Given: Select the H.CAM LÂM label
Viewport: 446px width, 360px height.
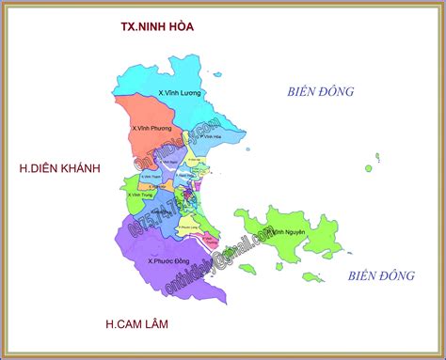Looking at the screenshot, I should (x=143, y=324).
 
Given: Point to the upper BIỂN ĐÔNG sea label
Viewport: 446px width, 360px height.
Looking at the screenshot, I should (x=320, y=91).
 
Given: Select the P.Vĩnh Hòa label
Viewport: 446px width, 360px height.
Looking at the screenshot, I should (x=208, y=136).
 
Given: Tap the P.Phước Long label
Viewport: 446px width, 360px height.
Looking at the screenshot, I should (x=188, y=227).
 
